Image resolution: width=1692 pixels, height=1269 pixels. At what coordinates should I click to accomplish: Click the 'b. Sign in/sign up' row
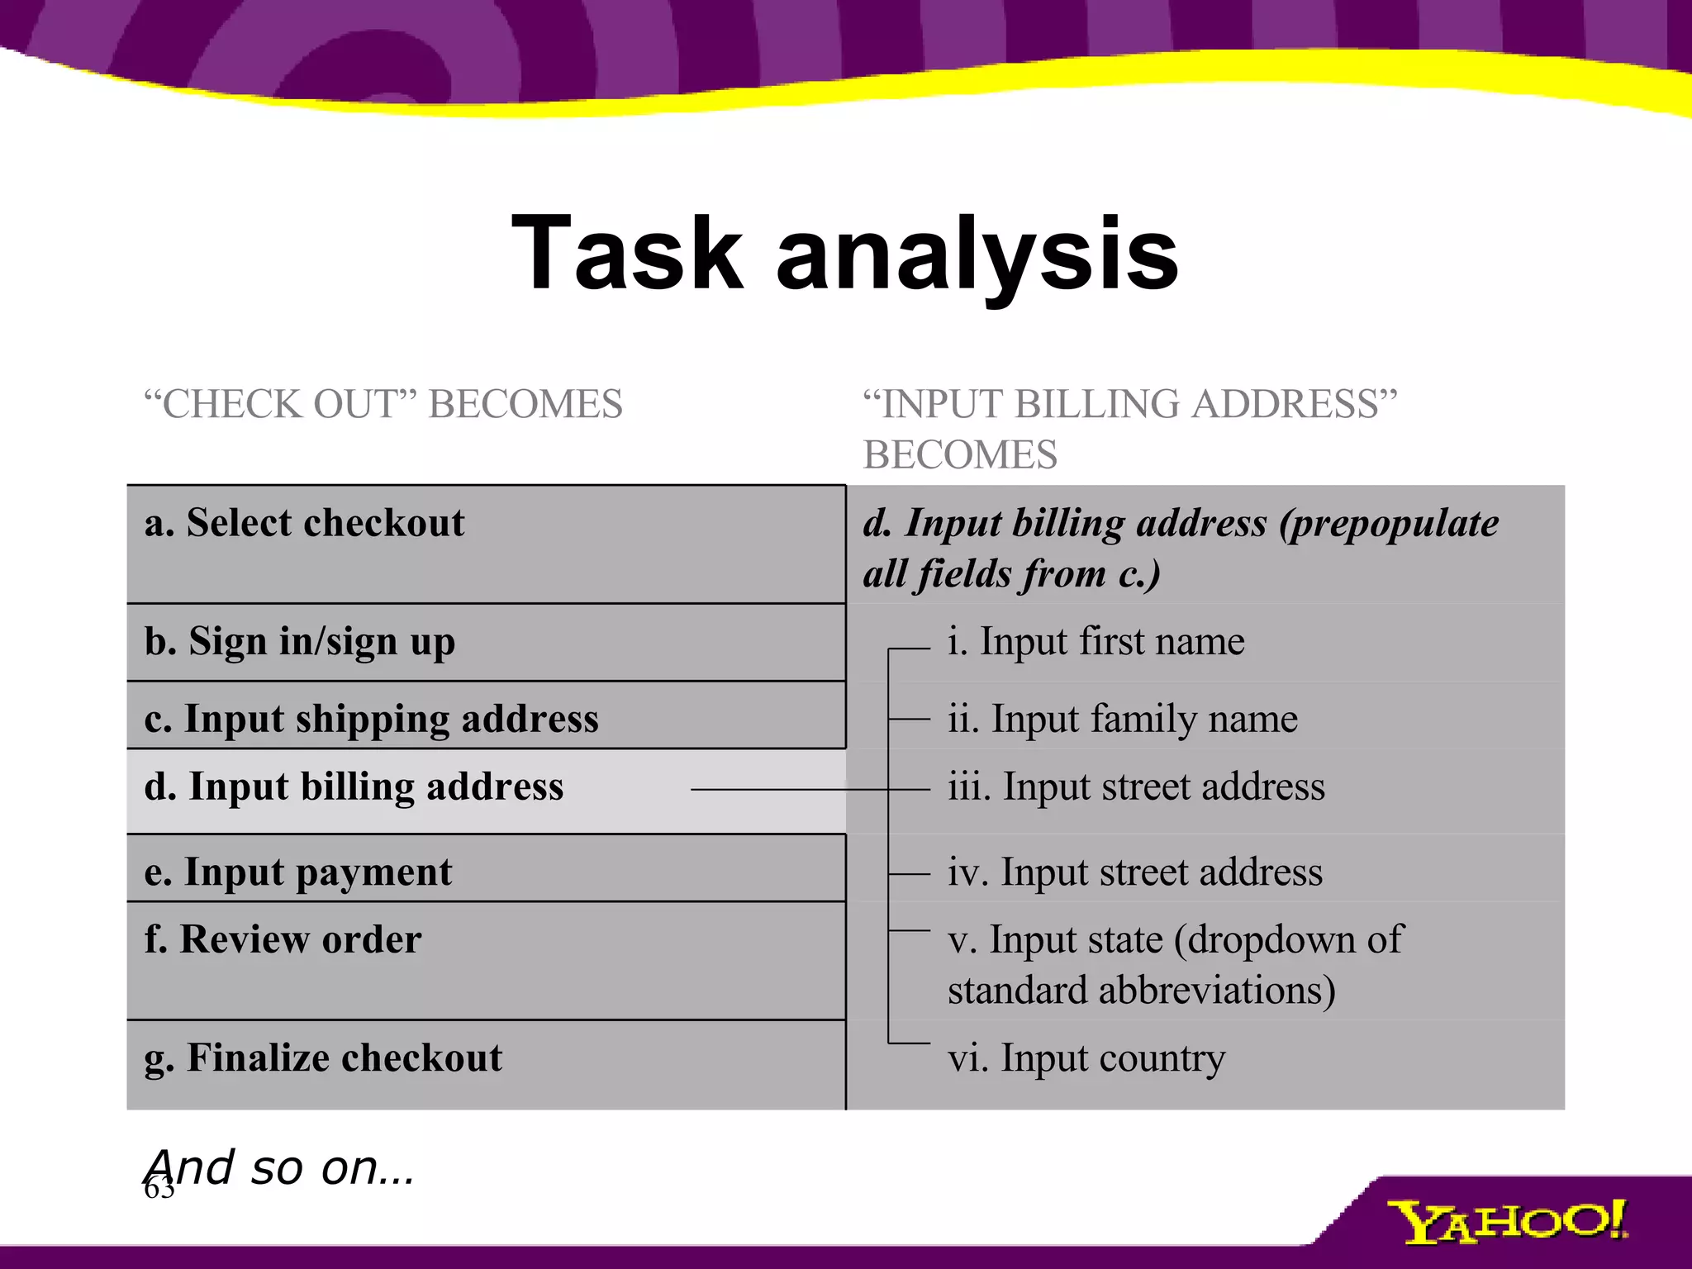click(x=299, y=642)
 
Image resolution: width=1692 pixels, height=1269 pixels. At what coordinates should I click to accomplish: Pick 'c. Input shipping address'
click(x=371, y=718)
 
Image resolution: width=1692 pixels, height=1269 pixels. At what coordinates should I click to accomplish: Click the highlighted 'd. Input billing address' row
click(x=354, y=787)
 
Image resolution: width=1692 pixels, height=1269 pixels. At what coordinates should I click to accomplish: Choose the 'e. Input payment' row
click(x=297, y=872)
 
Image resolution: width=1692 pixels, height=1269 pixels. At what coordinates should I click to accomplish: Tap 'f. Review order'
click(x=283, y=940)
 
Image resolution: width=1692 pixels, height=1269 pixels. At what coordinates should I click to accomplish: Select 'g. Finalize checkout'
click(x=323, y=1058)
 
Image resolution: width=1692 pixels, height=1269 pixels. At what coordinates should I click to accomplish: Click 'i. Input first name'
click(x=1096, y=642)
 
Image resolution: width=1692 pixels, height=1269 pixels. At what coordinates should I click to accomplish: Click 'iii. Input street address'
click(x=1136, y=787)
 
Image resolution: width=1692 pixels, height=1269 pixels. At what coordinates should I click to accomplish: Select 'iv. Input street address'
click(x=1134, y=872)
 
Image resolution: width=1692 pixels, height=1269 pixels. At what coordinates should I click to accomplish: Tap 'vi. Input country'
click(x=1086, y=1058)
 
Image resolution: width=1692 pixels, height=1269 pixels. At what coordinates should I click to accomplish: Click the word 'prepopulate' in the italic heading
click(x=1389, y=524)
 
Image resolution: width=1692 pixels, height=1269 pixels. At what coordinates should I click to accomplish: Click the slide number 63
click(x=159, y=1191)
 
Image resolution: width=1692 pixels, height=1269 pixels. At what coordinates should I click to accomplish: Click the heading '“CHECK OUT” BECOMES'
click(x=383, y=405)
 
